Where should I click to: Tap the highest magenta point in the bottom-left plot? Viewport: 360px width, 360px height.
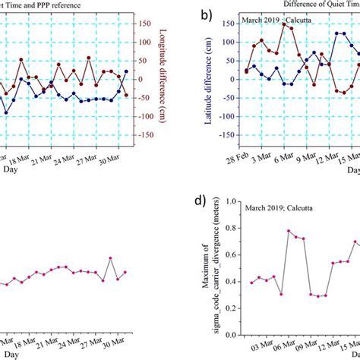[110, 258]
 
